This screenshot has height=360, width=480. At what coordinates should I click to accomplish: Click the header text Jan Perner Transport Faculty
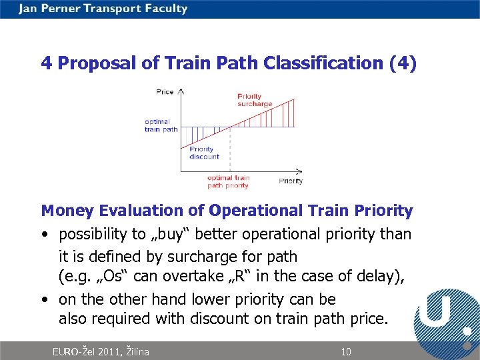(x=103, y=9)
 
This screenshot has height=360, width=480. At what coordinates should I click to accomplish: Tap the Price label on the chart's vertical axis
(x=165, y=91)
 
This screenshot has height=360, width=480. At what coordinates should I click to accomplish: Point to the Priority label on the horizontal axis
(x=291, y=181)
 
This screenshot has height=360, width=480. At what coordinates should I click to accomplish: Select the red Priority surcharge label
(x=255, y=100)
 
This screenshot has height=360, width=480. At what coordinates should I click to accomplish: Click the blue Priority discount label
(x=204, y=153)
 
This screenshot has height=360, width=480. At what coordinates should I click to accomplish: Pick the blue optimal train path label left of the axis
(x=161, y=125)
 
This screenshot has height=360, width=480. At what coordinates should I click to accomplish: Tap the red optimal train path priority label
(x=228, y=181)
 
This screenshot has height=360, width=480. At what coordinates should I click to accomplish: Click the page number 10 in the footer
(x=345, y=351)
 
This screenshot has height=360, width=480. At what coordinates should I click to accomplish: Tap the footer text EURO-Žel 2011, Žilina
(x=101, y=351)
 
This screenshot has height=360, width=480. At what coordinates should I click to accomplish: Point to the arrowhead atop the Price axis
(x=181, y=89)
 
